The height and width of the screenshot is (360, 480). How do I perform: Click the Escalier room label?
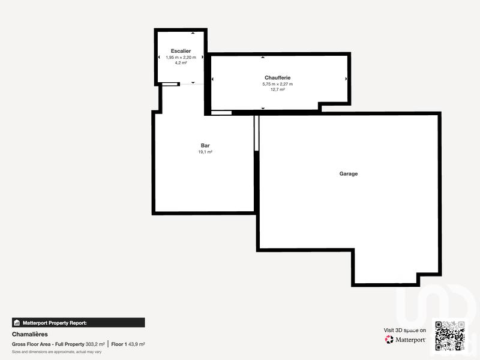tap(181, 51)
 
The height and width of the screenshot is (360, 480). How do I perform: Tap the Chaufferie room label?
tap(277, 78)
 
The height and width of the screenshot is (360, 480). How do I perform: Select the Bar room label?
tap(205, 146)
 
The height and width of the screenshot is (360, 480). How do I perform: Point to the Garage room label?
tap(349, 174)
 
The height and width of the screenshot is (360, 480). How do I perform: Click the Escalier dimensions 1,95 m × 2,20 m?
tap(181, 58)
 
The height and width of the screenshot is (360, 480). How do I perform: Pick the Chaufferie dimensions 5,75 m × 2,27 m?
tap(277, 85)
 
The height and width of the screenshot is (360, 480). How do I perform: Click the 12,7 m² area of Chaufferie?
tap(277, 90)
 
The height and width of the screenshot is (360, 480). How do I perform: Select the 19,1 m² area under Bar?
tap(205, 152)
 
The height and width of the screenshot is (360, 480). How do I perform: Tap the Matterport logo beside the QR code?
tap(406, 340)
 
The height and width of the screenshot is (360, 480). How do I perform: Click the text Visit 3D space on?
tap(405, 330)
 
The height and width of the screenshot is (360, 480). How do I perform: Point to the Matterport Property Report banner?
tap(78, 323)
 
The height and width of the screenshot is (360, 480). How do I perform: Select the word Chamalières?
tap(29, 334)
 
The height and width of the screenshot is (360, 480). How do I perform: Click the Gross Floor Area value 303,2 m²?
tap(95, 344)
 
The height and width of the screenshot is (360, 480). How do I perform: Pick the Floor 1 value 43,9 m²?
tap(137, 344)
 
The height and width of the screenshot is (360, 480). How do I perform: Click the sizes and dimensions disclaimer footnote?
tap(56, 352)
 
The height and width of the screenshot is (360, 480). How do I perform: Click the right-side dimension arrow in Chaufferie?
tap(346, 79)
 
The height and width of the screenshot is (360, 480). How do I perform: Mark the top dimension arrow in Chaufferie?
tap(263, 58)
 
